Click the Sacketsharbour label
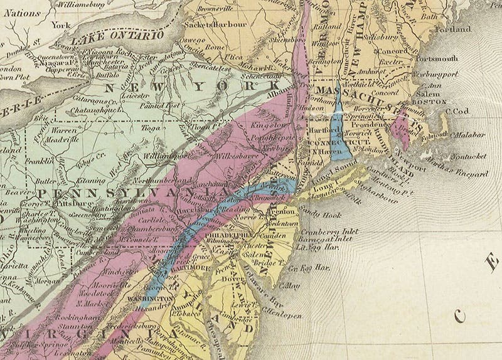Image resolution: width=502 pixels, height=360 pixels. (211, 27)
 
